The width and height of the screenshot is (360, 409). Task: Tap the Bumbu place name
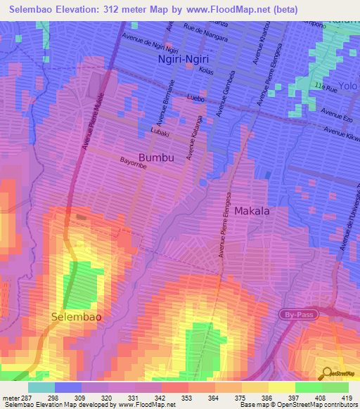pos(156,157)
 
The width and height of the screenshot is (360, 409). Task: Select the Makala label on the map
pos(252,210)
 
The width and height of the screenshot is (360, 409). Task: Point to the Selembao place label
pos(77,317)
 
